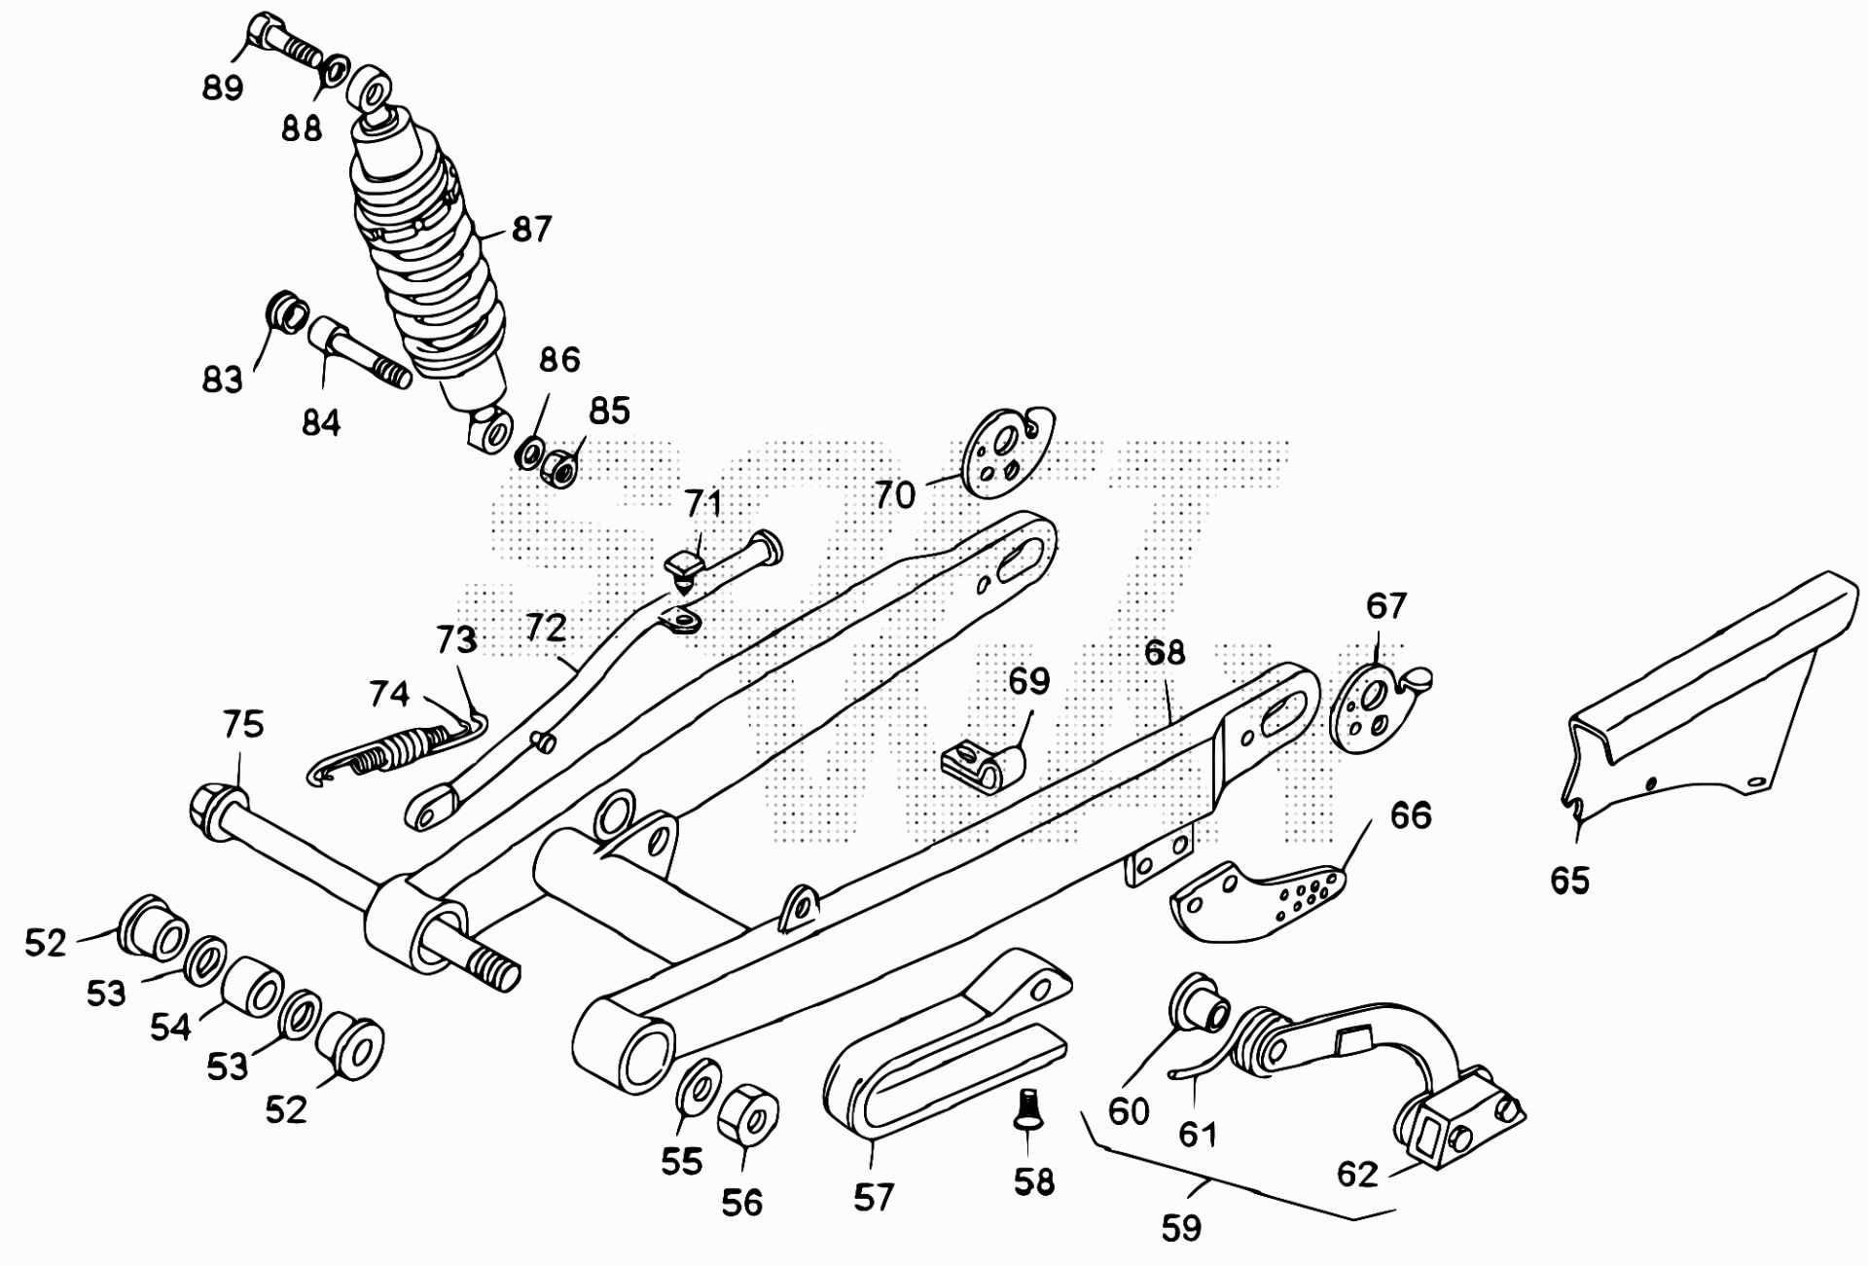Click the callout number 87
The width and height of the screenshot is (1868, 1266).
click(531, 230)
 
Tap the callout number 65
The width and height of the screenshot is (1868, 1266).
click(1569, 881)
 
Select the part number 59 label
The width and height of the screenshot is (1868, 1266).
click(1181, 1228)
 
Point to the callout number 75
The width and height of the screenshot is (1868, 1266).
click(243, 725)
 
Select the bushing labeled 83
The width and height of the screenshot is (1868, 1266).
click(286, 311)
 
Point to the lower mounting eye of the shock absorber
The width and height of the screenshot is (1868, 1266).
click(492, 429)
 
